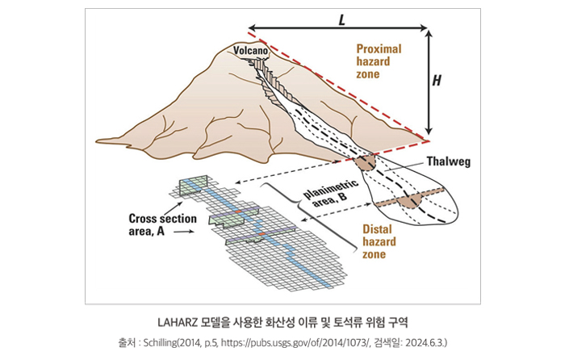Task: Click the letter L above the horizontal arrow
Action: coord(342,17)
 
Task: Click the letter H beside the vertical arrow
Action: coord(437,80)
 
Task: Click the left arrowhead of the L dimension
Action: coord(252,27)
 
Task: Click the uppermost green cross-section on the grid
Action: coord(193,185)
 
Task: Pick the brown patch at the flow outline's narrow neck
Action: coord(366,161)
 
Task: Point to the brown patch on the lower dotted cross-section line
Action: coord(413,200)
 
